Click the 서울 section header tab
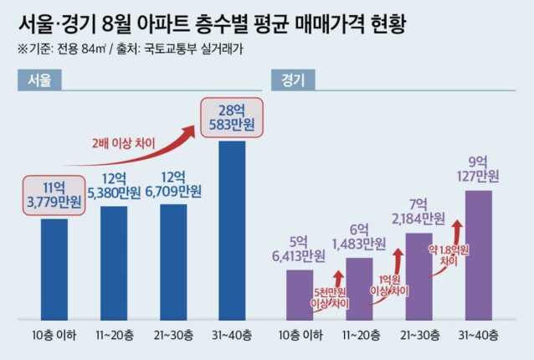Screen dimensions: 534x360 [39, 80]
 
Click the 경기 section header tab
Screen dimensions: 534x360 [293, 80]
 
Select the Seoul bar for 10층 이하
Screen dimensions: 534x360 [54, 270]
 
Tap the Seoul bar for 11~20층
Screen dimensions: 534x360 [114, 263]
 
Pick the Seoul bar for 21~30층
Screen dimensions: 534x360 [173, 262]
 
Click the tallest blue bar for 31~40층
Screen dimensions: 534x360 [232, 230]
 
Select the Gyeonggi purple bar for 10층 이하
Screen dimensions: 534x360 [300, 295]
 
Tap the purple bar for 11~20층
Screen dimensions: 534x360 [359, 289]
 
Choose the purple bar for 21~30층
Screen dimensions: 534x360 [418, 276]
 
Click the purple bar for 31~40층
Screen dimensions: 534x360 [479, 255]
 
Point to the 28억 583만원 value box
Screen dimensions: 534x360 [232, 118]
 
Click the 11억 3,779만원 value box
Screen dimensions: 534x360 [54, 196]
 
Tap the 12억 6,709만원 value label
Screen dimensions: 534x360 [173, 185]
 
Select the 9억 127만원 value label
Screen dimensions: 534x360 [478, 169]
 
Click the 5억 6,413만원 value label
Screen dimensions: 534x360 [299, 249]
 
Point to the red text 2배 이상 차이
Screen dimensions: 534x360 [123, 143]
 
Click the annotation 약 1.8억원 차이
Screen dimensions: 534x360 [449, 255]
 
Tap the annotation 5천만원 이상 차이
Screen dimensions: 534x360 [330, 298]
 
